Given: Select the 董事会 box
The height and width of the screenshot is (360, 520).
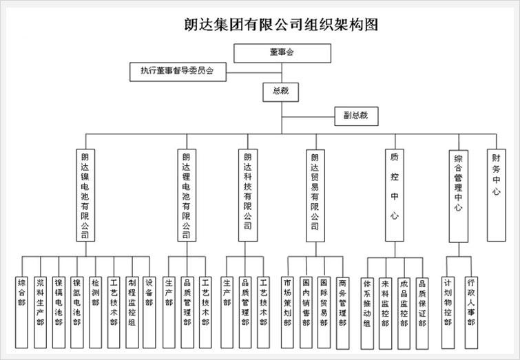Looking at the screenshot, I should tap(281, 52).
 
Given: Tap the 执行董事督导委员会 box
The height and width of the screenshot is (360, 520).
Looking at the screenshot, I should tap(177, 70).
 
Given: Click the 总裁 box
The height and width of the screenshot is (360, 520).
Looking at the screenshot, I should tap(281, 91).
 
